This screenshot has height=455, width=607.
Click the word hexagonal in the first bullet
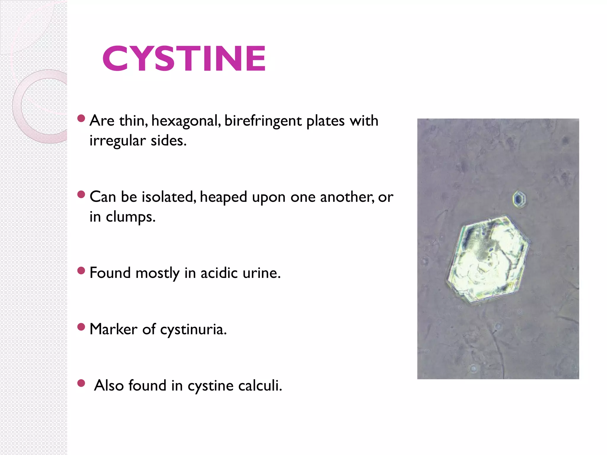coord(186,121)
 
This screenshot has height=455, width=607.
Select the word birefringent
coord(263,121)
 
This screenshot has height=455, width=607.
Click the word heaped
coord(223,197)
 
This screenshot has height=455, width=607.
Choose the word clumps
coord(130,217)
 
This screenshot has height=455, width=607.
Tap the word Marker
coord(113,329)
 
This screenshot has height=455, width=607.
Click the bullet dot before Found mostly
coord(81,270)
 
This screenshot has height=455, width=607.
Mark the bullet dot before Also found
coord(81,383)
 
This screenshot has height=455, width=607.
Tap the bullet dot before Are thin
coord(81,118)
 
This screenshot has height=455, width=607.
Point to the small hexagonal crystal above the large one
coord(519,199)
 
